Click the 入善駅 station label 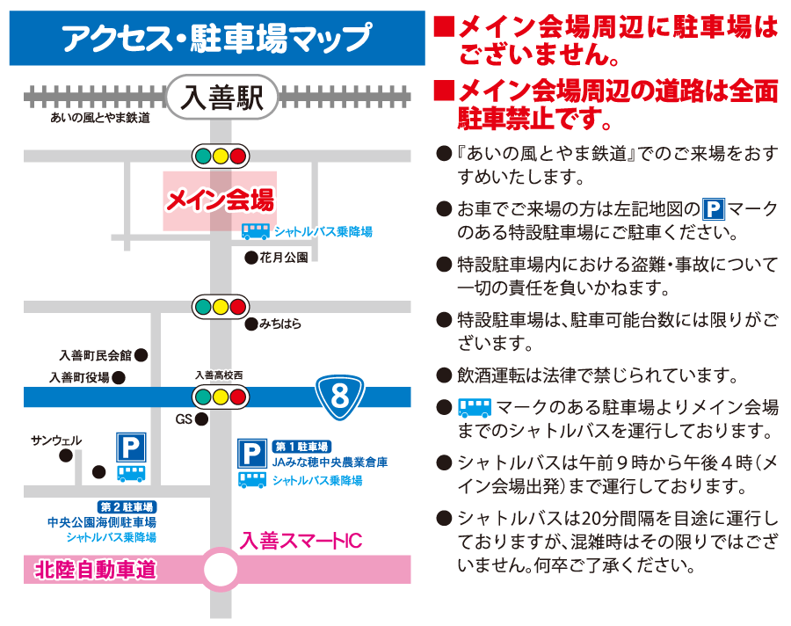pos(222,97)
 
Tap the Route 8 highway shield pos(339,397)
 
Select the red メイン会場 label pos(221,200)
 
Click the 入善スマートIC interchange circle pos(221,570)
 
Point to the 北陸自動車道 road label pos(95,570)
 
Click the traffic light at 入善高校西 pos(221,397)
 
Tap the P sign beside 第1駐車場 pos(252,454)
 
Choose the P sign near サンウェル pos(131,448)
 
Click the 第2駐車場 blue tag pos(127,506)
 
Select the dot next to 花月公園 pos(251,258)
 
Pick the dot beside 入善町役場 pos(119,377)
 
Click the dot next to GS pos(202,419)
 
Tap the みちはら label pos(280,324)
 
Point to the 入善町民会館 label pos(95,355)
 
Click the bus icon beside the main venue pos(255,232)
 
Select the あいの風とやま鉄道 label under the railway pos(100,118)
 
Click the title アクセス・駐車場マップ pos(217,38)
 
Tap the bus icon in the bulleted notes pos(475,407)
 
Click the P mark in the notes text pos(714,209)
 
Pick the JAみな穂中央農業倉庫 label pos(330,462)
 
